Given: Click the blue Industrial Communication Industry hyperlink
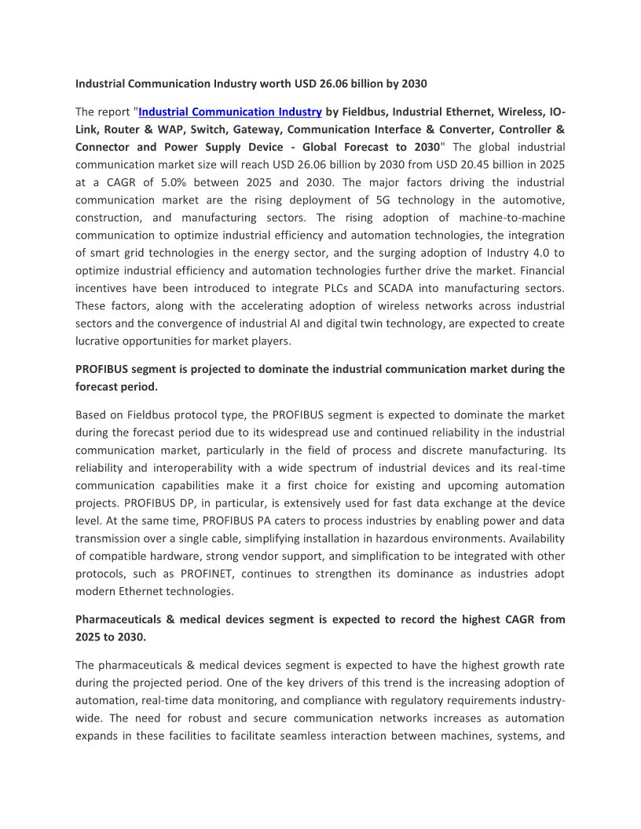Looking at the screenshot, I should coord(230,112).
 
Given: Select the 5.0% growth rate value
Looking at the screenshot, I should coord(161,182).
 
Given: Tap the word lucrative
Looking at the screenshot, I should coord(98,341).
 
